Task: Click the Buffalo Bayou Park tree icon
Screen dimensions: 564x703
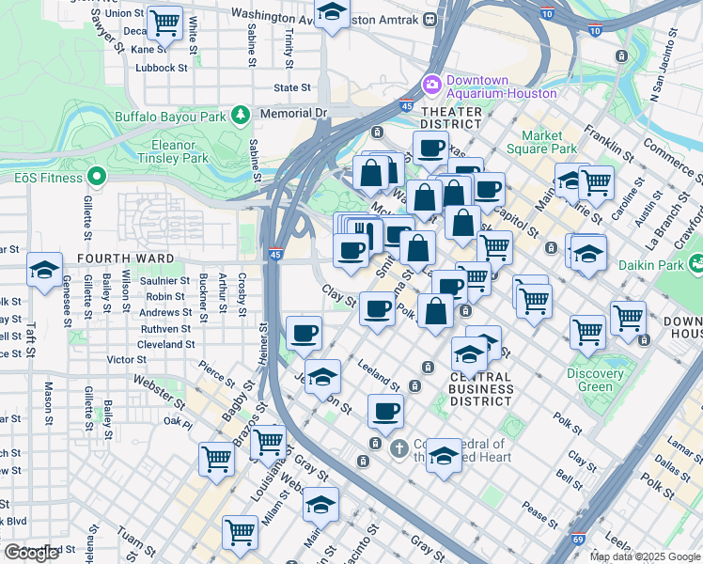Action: [242, 115]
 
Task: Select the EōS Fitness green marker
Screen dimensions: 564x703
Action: [95, 176]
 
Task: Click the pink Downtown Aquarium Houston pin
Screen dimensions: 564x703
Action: [432, 85]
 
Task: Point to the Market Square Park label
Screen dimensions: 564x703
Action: [549, 142]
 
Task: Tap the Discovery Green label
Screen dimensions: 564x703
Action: [595, 380]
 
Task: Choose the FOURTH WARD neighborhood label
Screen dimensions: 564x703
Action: [126, 258]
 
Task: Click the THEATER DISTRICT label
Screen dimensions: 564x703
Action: [451, 117]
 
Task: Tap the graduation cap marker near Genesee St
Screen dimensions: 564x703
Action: [44, 271]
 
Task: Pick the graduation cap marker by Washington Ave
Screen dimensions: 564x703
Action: [331, 13]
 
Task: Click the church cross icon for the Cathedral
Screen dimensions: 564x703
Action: [398, 447]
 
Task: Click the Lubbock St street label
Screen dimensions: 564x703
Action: [161, 68]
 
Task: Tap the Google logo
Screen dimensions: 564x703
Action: [31, 553]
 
